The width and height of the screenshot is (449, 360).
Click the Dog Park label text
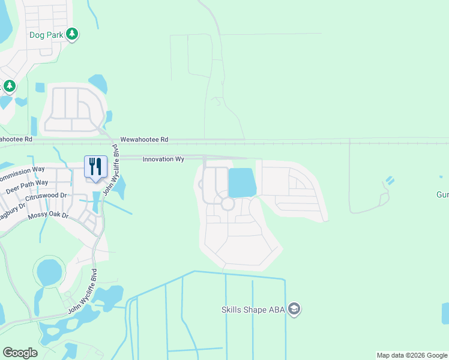(47, 35)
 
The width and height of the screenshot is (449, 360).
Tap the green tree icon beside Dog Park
(72, 34)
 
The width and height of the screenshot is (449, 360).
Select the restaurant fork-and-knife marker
(95, 167)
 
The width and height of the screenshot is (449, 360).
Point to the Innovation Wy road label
(163, 159)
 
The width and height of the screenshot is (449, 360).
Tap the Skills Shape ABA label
(253, 310)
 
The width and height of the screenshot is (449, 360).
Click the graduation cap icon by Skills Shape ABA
(294, 310)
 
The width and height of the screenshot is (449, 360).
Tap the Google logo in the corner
(20, 353)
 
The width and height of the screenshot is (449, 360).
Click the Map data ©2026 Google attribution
(412, 355)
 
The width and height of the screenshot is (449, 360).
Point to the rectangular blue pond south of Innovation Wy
(242, 182)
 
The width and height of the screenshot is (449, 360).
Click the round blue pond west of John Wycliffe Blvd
(49, 273)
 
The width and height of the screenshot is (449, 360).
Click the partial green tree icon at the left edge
(9, 87)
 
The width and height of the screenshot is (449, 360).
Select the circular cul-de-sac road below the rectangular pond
(228, 204)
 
